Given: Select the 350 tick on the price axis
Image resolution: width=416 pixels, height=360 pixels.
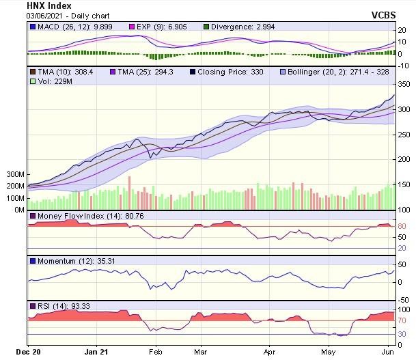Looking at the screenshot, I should pyautogui.click(x=404, y=84).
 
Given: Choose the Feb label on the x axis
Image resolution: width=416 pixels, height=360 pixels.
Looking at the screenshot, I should pyautogui.click(x=156, y=352).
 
